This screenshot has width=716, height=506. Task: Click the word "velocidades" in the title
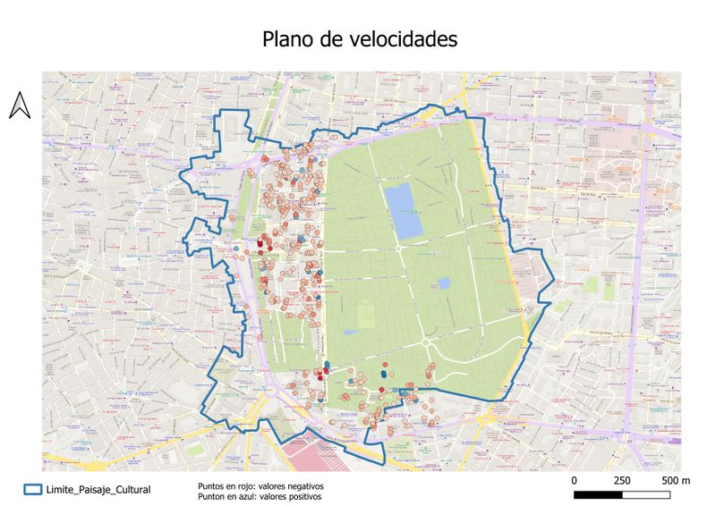tap(404, 40)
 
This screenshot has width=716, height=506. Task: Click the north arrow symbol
tap(20, 105)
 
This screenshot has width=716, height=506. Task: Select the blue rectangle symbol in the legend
tap(33, 489)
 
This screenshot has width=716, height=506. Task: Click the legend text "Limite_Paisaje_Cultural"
tap(99, 489)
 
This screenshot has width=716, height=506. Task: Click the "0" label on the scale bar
tap(574, 480)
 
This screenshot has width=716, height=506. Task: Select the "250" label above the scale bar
tap(622, 480)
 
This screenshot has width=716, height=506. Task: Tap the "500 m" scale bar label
tap(675, 480)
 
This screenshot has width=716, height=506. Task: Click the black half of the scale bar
tap(598, 494)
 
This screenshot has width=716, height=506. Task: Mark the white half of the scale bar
tap(647, 494)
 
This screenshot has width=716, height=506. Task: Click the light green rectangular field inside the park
tap(368, 314)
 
